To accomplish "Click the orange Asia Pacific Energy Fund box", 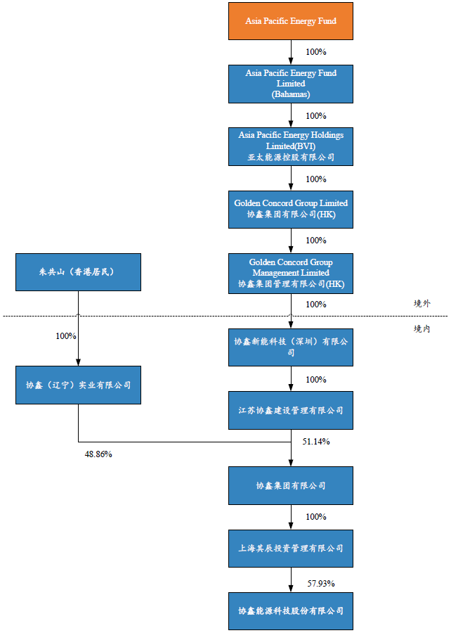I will (x=291, y=21).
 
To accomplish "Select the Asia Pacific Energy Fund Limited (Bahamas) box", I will (x=291, y=83).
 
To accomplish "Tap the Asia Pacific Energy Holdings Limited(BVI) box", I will (x=291, y=146).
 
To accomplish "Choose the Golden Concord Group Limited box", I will (x=291, y=208).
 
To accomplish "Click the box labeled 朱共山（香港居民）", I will (x=78, y=272).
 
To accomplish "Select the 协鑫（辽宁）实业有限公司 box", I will (x=78, y=385).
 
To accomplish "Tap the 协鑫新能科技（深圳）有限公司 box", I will (x=291, y=347).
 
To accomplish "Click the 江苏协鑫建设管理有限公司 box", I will (x=291, y=410).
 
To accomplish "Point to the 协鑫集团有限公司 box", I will (x=291, y=485).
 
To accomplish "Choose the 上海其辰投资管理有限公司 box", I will (x=291, y=547).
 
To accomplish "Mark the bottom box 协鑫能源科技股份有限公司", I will (x=291, y=610).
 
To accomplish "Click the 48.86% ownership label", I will (x=98, y=454).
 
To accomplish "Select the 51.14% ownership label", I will (x=316, y=442).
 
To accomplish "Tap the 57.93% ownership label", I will (x=321, y=583).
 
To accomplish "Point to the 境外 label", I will (x=421, y=304).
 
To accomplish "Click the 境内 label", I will (x=421, y=329).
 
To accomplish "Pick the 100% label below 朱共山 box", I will (x=66, y=336).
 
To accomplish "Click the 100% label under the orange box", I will (x=316, y=52).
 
